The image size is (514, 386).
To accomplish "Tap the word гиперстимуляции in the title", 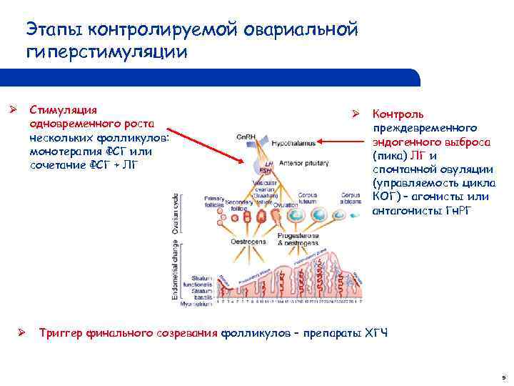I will coord(107,52).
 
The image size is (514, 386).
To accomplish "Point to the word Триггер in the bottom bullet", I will coord(61,332).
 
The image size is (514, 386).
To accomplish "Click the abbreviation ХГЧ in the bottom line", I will coord(376,332).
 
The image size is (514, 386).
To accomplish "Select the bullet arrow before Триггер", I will coord(22,332).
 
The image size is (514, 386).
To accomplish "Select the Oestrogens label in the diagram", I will coord(247,242).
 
